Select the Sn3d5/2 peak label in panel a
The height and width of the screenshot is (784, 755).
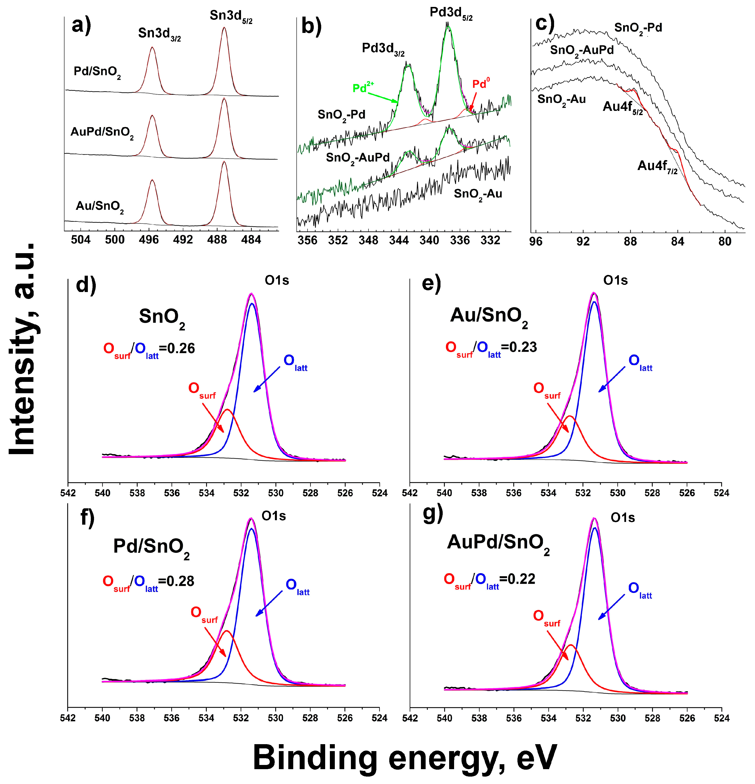[x=231, y=17]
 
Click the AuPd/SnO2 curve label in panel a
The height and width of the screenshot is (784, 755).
[x=102, y=132]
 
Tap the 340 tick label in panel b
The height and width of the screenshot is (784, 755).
[x=429, y=240]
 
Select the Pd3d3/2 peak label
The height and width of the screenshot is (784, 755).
[x=383, y=49]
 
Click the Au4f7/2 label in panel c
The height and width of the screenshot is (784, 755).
[x=657, y=166]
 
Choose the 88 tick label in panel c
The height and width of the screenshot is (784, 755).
[x=630, y=242]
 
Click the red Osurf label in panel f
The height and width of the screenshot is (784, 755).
[x=204, y=614]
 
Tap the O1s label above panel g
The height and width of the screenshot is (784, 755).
[x=622, y=518]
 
